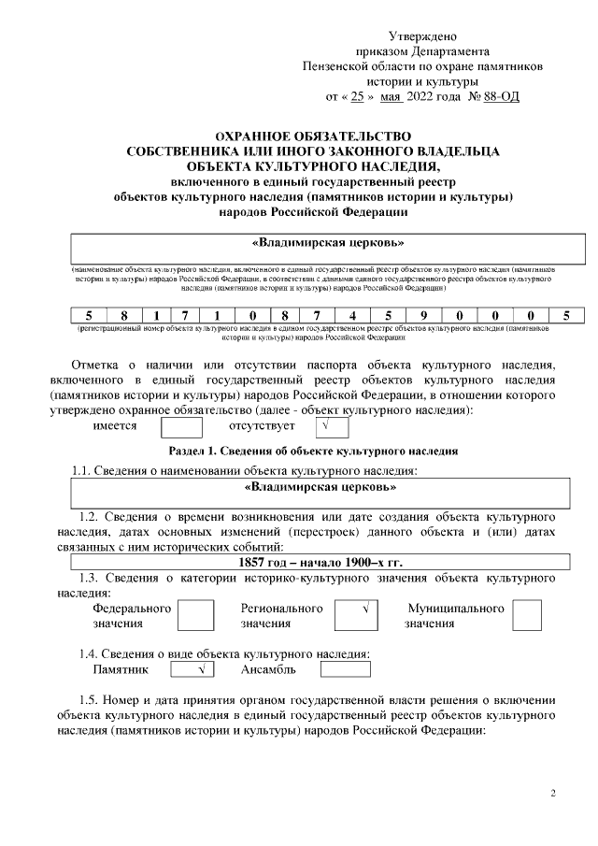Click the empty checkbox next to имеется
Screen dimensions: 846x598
coord(181,427)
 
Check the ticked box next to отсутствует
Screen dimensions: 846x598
coord(327,427)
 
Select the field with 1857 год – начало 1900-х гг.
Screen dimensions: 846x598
coord(320,562)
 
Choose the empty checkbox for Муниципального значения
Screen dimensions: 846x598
coord(527,615)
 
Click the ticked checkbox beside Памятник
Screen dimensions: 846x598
coord(193,669)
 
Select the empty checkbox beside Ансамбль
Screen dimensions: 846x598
coord(345,669)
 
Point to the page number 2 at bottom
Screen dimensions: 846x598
coord(552,795)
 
